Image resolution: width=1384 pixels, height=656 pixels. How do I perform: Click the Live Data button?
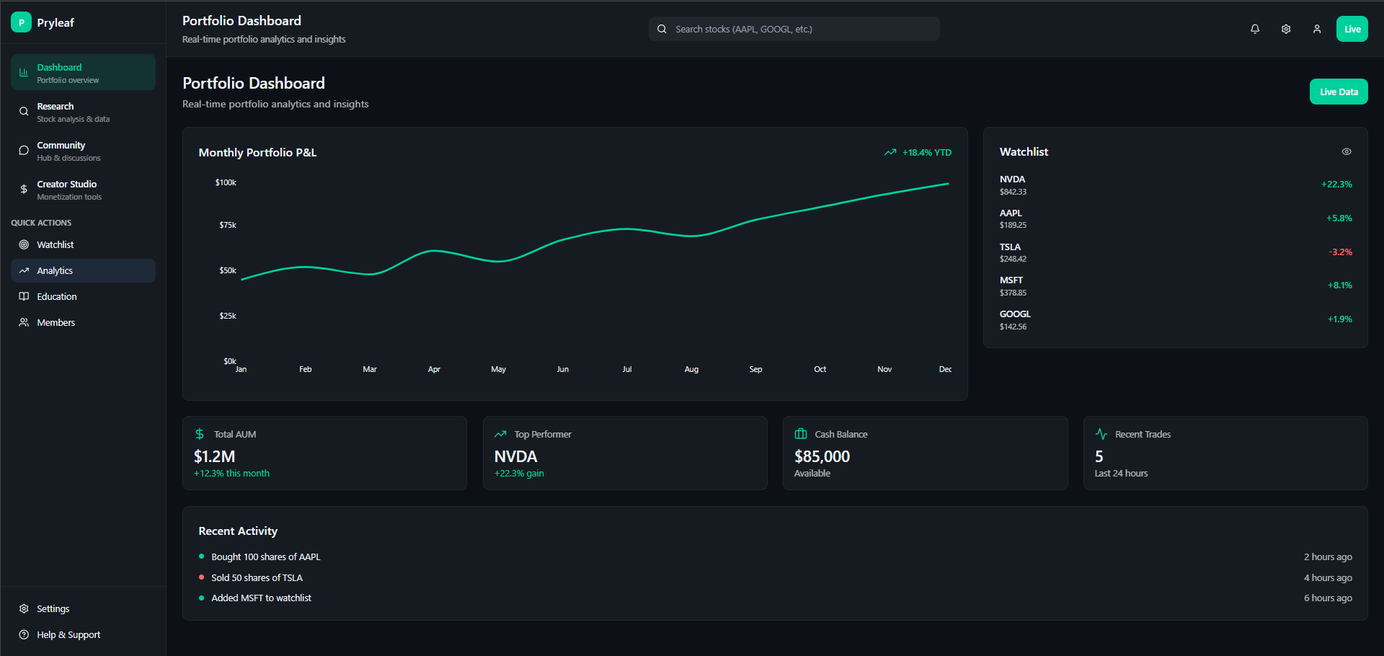click(1338, 92)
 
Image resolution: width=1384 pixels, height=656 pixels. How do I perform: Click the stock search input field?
click(793, 29)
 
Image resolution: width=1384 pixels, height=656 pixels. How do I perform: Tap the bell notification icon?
click(1255, 29)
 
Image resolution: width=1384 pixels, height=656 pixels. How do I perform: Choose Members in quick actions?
click(56, 322)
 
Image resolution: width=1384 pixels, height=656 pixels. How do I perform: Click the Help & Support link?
click(68, 634)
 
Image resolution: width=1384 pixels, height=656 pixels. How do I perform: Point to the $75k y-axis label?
click(228, 225)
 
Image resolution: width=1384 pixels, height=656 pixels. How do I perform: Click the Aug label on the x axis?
click(691, 369)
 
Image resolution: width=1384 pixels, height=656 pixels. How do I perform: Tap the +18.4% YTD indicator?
click(918, 152)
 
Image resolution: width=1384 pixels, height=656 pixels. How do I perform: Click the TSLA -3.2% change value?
click(1340, 252)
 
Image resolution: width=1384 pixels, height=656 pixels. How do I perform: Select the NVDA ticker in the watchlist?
click(1012, 179)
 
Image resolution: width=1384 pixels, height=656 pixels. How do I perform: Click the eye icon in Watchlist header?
click(1346, 151)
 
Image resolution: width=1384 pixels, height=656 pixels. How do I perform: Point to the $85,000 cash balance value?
click(822, 456)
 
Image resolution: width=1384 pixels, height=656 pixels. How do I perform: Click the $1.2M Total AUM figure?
click(214, 456)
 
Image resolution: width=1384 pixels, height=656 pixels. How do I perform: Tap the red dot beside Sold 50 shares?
click(202, 577)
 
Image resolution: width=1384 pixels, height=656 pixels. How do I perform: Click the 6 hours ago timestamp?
click(1327, 598)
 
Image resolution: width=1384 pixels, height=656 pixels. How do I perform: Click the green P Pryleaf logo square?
click(21, 22)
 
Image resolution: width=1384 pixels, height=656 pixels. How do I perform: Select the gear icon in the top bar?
click(1285, 29)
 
